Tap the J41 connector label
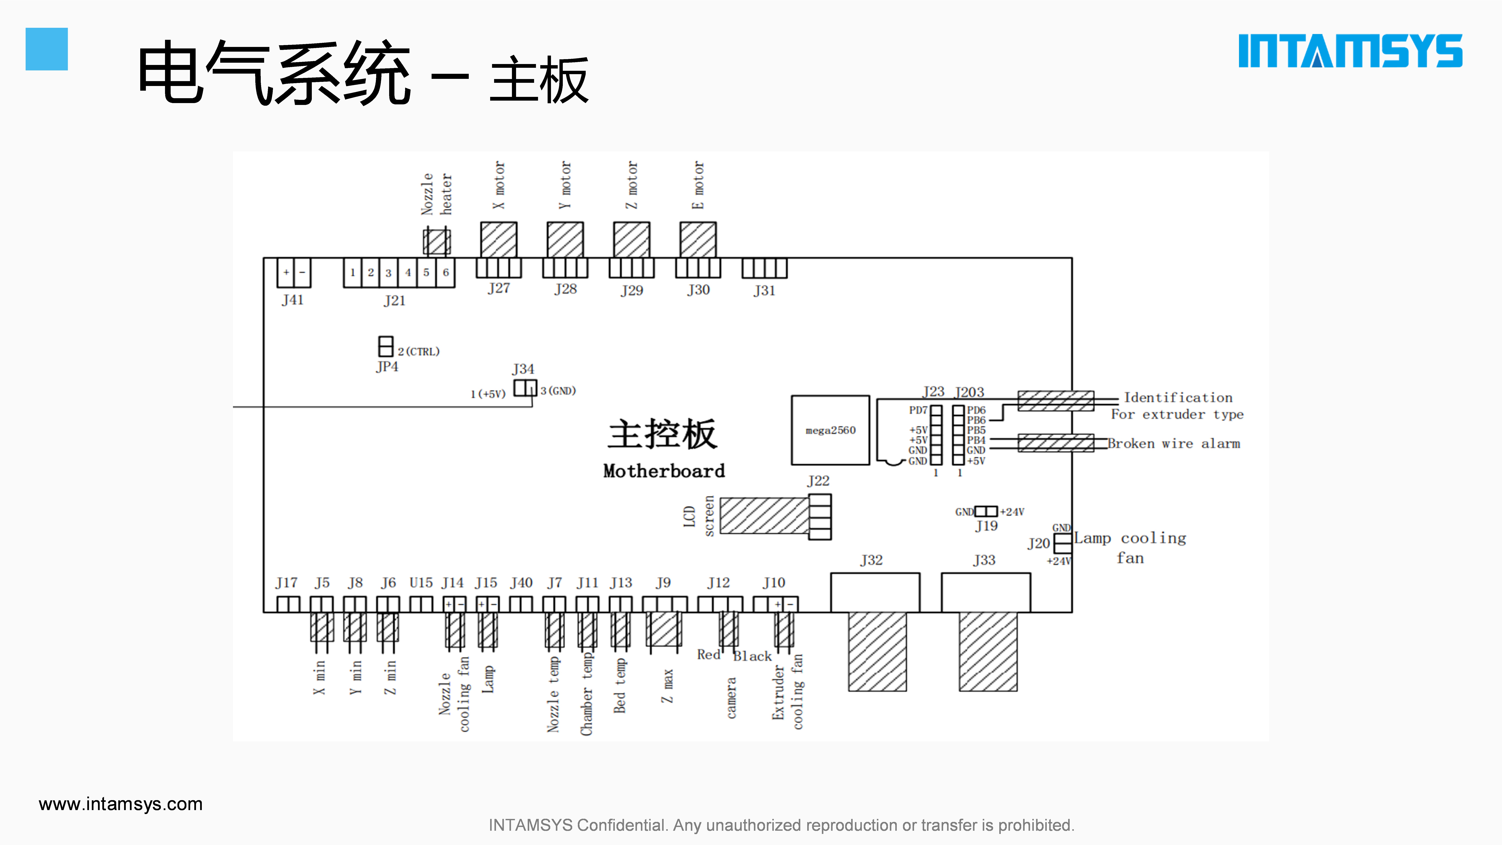pos(293,300)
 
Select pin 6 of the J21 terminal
pos(445,272)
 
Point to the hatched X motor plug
pos(499,239)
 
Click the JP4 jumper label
pos(387,367)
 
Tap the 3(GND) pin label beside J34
pos(558,391)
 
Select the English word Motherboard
pos(664,471)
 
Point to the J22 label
pos(818,481)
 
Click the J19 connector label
pos(987,526)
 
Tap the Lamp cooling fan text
pos(1130,547)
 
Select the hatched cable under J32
pos(877,651)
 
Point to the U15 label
pos(421,583)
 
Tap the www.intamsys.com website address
pos(121,804)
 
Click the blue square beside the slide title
pos(47,49)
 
